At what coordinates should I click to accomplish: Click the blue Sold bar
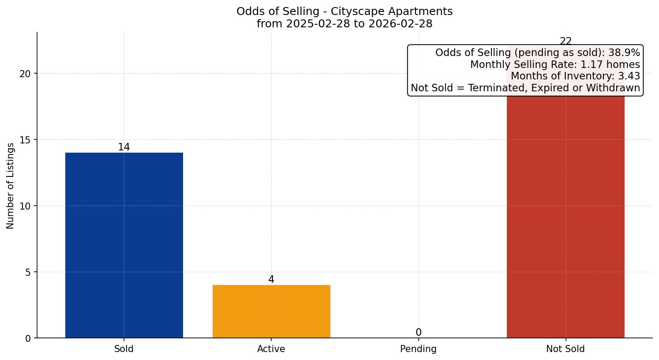pos(124,245)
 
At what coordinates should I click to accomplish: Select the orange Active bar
pos(271,311)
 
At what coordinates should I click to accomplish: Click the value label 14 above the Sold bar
pos(124,147)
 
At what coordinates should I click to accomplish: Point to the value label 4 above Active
pos(271,279)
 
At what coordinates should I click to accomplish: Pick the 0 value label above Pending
pos(418,332)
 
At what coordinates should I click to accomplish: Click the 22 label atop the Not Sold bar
pos(565,41)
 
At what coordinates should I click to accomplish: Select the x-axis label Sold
pos(124,349)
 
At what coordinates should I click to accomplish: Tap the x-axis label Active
pos(271,349)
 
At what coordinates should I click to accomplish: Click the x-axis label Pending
pos(418,349)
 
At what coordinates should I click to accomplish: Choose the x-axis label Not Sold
pos(565,349)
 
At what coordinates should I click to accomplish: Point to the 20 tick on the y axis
pos(25,74)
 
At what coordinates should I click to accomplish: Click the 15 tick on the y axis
pos(25,140)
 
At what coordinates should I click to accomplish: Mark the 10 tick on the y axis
pos(25,206)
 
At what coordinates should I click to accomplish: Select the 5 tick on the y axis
pos(28,272)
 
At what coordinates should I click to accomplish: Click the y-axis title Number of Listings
pos(11,186)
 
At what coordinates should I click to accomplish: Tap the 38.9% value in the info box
pos(624,53)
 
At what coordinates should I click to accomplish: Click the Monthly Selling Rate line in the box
pos(555,64)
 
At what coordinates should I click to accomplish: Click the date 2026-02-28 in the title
pos(401,24)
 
